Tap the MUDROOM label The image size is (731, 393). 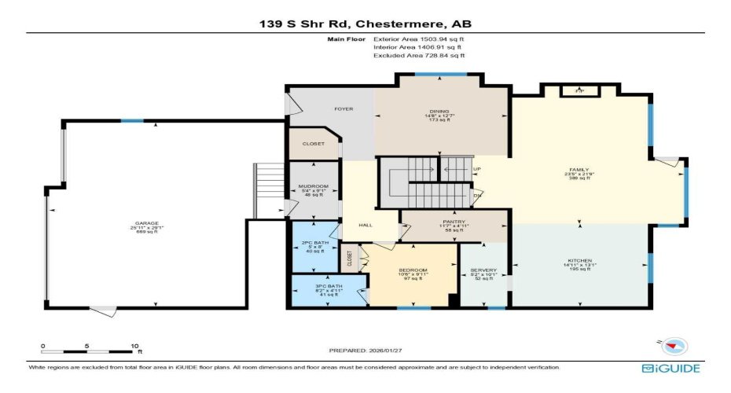coord(308,185)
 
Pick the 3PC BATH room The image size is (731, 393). coord(312,286)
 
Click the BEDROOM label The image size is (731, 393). coord(413,270)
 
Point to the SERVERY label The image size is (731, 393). coord(483,270)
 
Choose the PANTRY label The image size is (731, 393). coord(454,222)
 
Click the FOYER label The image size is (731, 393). coord(343,108)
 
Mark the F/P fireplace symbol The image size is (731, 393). coord(579,91)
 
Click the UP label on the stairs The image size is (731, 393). coord(476,168)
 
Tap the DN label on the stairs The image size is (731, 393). coord(476,196)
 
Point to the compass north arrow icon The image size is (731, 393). coord(674,344)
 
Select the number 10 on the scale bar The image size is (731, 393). coord(134,345)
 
